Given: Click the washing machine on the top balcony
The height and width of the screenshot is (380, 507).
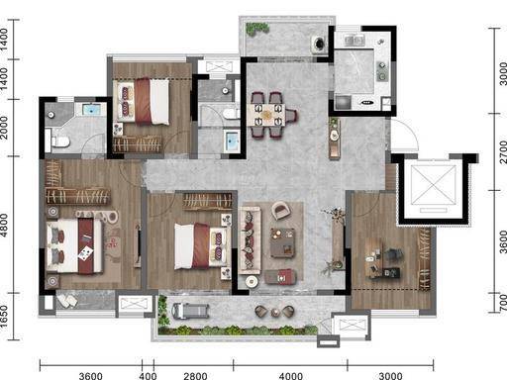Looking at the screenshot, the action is point(319,44).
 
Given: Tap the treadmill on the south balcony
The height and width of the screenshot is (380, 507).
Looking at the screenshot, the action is point(190,311).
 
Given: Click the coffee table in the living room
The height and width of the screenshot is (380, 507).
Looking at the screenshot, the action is point(282,242).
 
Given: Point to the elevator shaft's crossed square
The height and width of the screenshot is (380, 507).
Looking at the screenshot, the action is point(433,185).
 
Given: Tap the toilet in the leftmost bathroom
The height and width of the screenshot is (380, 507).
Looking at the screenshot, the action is point(60,142).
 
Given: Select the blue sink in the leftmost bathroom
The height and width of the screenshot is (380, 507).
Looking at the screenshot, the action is point(91,110).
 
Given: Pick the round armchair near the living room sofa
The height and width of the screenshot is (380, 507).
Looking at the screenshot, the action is point(281,211).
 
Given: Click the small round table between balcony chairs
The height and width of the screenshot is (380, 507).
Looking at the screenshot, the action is point(275,312).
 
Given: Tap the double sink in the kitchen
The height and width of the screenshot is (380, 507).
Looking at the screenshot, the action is point(355,41).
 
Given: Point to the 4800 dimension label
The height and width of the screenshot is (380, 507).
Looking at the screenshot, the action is point(4,226).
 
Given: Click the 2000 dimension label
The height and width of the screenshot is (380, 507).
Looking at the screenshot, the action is point(4,128).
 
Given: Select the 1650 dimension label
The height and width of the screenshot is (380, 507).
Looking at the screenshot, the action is point(4,317).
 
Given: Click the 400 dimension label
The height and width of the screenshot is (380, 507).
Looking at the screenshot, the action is point(148,376).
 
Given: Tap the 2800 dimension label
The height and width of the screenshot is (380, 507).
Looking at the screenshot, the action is point(195,376).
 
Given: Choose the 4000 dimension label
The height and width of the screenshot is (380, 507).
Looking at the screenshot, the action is point(291,376).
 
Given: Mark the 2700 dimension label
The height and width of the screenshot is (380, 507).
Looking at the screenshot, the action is point(503,152).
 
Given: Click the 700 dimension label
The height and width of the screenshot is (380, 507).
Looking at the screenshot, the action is point(503,303).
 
